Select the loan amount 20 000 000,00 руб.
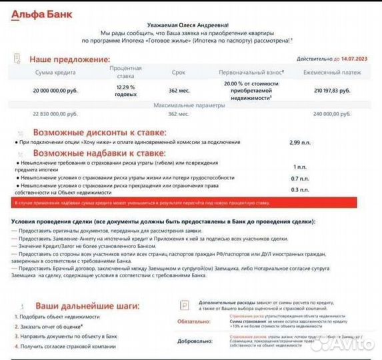coord(55,89)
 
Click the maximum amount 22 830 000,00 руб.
coord(55,114)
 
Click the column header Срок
coord(178,72)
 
